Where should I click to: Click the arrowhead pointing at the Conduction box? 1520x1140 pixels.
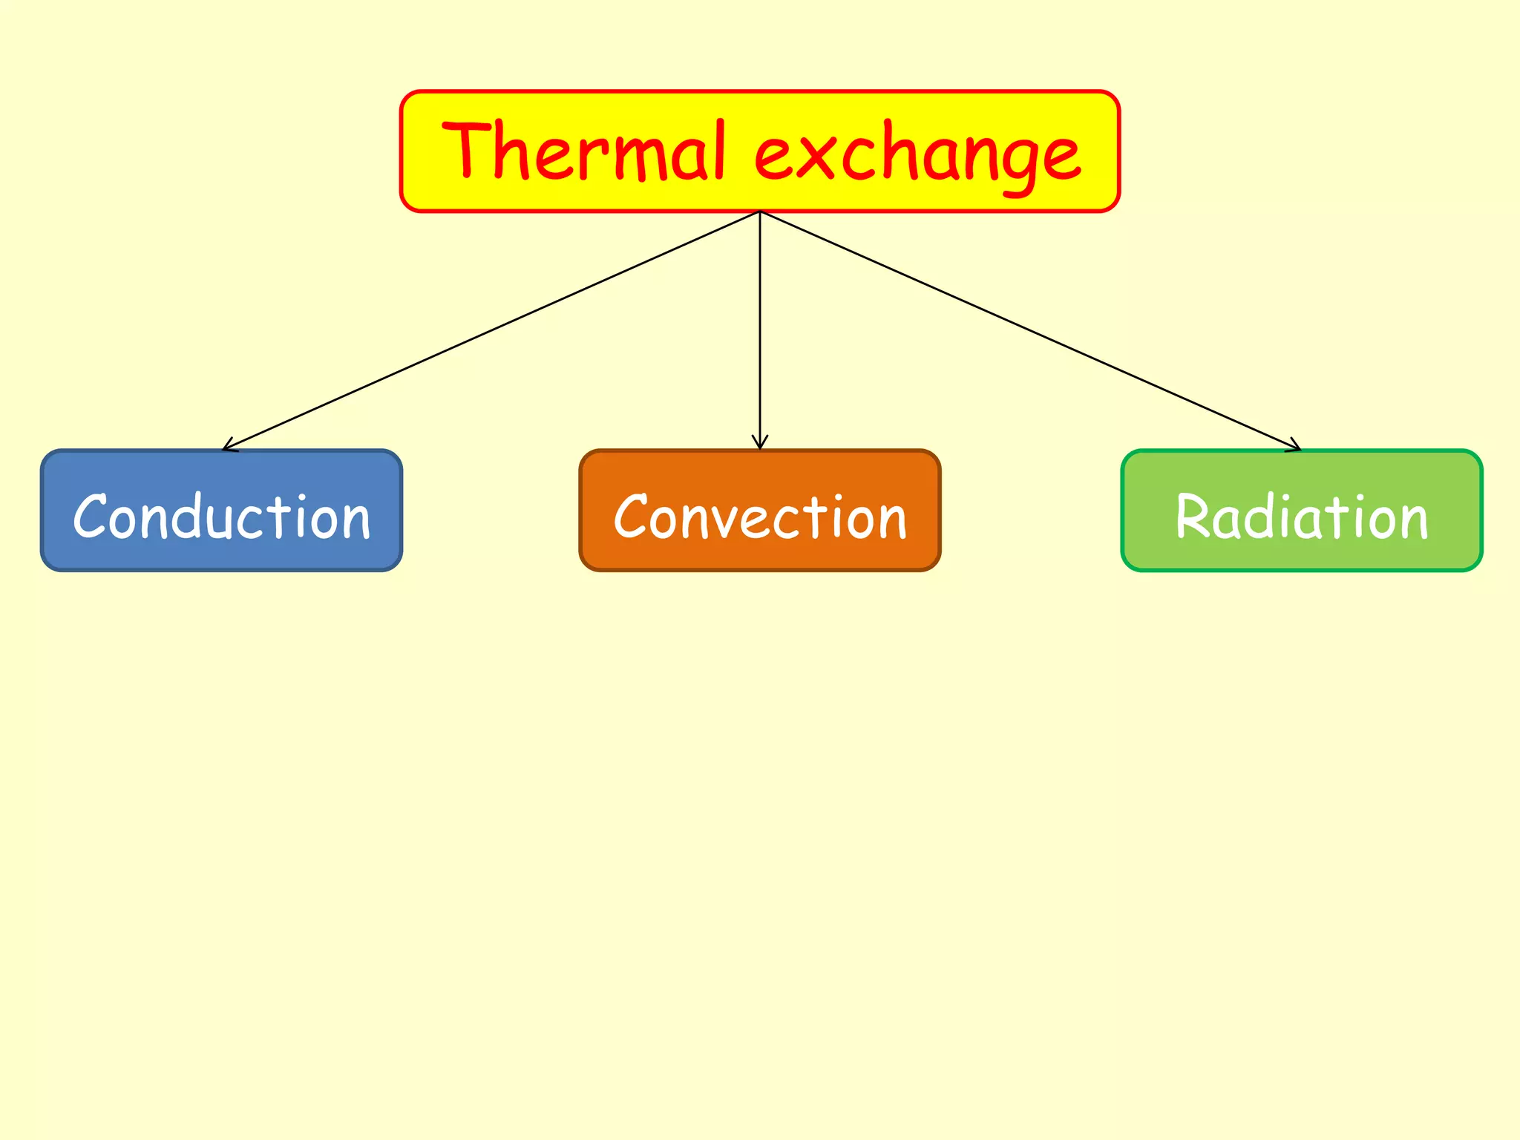228,446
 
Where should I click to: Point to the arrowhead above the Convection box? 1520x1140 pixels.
759,443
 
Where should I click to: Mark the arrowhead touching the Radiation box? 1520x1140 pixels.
1294,446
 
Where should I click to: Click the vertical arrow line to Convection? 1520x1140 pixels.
759,327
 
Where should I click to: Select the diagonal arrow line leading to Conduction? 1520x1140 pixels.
490,330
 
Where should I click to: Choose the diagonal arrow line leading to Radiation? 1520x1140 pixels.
1032,331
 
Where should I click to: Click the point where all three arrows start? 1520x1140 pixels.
759,212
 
